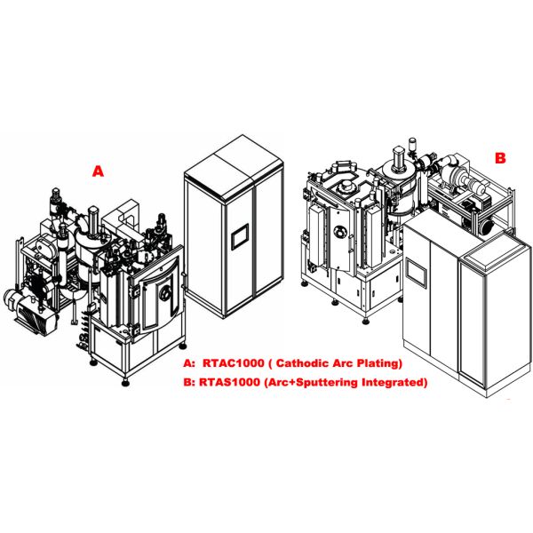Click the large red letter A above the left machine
click(98, 171)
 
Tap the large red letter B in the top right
click(500, 158)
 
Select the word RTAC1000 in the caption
click(233, 363)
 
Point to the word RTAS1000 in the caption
click(229, 382)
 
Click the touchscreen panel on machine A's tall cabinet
click(240, 236)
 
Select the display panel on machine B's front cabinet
click(416, 273)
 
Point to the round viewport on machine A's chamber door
click(165, 293)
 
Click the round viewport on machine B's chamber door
click(339, 233)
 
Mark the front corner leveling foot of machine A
click(126, 383)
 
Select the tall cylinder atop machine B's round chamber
click(398, 159)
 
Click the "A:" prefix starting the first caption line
click(189, 363)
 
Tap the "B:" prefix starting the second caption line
click(188, 382)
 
